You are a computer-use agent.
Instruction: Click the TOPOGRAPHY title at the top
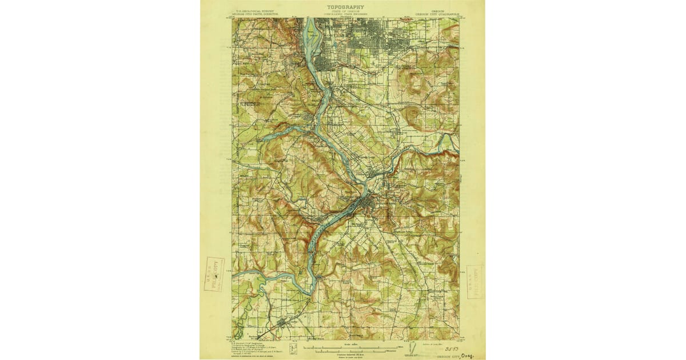(345, 7)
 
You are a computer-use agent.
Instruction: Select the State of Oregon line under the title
(345, 11)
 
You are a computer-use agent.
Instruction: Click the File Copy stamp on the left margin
(215, 275)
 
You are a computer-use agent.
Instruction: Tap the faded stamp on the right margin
(474, 281)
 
